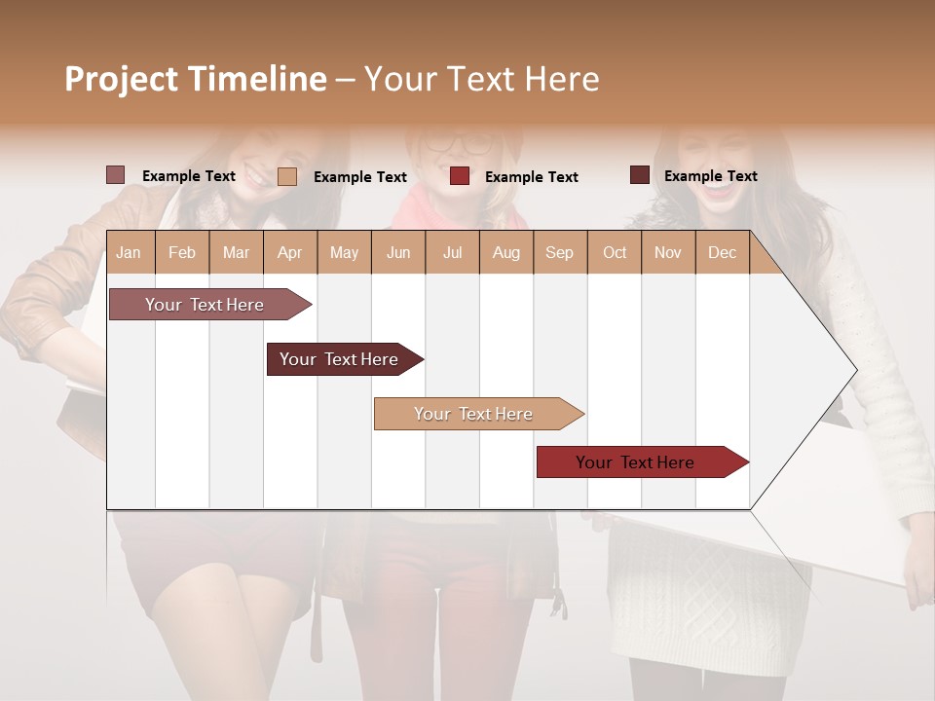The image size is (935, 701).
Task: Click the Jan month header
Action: click(x=129, y=252)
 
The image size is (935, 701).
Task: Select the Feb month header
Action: click(x=182, y=252)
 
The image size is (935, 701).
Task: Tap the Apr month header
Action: click(x=289, y=252)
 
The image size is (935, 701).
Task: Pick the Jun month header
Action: click(x=398, y=252)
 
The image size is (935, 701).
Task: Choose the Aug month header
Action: click(x=505, y=252)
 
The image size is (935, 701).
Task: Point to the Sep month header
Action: click(x=559, y=252)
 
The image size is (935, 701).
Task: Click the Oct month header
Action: click(x=615, y=252)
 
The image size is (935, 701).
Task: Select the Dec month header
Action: click(x=722, y=252)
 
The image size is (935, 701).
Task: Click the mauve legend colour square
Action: click(x=116, y=175)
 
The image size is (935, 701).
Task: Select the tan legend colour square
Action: click(x=287, y=176)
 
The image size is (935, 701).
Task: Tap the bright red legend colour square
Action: click(x=460, y=176)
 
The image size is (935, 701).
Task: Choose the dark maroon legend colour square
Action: click(x=640, y=175)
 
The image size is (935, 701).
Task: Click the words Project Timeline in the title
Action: click(x=195, y=79)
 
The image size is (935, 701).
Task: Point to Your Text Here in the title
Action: click(x=481, y=79)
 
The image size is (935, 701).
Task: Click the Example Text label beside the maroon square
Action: click(x=710, y=175)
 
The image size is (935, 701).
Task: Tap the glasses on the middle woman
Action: click(x=459, y=143)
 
